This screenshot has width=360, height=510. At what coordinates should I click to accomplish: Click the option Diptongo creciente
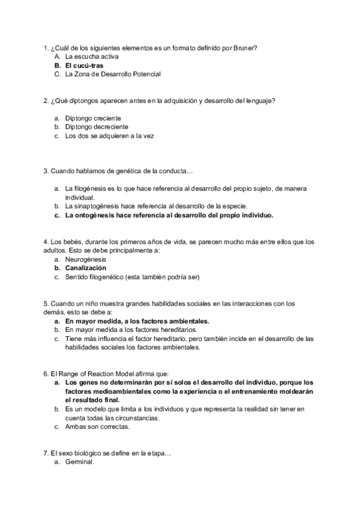(x=93, y=118)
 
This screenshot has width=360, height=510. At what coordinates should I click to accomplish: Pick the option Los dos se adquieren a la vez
(x=110, y=136)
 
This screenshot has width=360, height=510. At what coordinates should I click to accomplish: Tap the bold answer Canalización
(x=86, y=268)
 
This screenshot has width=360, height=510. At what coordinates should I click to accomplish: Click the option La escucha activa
(x=91, y=57)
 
